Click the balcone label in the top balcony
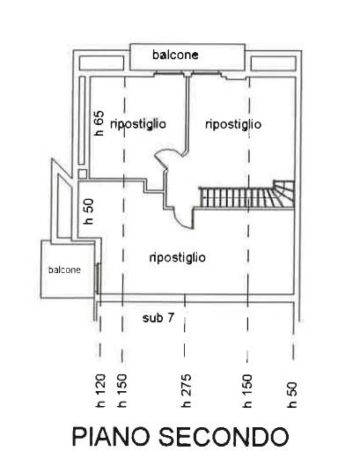[175, 55]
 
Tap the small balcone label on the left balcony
[65, 270]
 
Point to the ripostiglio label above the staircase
[232, 124]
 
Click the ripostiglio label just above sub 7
[177, 257]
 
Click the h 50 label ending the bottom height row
[291, 394]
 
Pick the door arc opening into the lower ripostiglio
[179, 215]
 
